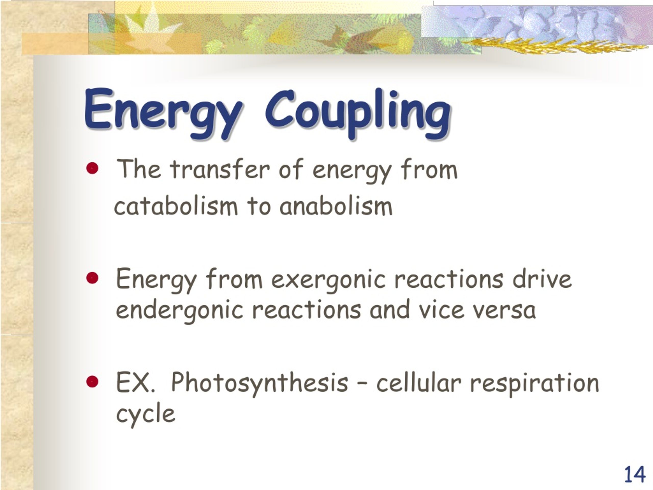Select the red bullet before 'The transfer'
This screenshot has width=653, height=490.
tap(92, 169)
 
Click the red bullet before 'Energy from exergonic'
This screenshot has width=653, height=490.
tap(92, 278)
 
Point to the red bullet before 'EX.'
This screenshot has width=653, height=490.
tap(92, 382)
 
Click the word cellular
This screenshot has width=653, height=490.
tap(418, 383)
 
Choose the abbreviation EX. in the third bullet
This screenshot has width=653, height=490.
tap(135, 383)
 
